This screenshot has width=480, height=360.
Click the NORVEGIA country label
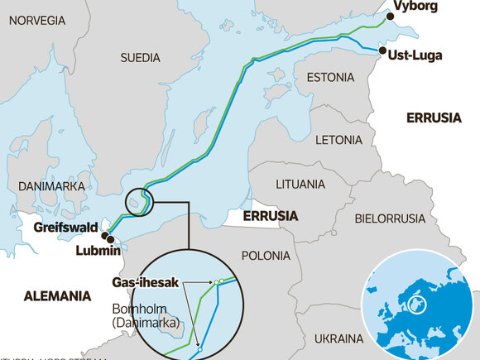pyautogui.click(x=37, y=20)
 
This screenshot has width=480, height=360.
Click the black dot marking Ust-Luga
pyautogui.click(x=382, y=50)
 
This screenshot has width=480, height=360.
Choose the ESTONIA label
pyautogui.click(x=330, y=78)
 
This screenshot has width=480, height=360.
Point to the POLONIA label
pyautogui.click(x=266, y=256)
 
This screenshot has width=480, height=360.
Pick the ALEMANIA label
pyautogui.click(x=57, y=295)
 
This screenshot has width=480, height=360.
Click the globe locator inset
pyautogui.click(x=420, y=304)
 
